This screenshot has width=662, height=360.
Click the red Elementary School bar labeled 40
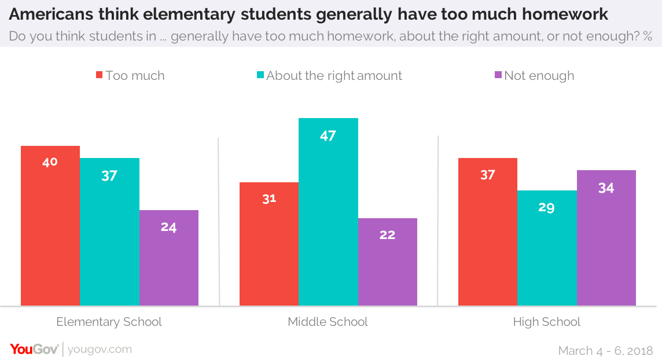tap(50, 226)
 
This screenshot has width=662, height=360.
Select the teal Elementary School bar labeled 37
tap(109, 232)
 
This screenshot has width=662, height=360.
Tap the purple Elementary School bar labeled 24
tap(169, 258)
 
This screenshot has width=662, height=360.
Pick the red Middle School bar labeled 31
tap(269, 244)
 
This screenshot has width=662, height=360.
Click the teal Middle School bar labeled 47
tap(328, 212)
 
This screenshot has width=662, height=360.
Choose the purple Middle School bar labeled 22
tap(388, 262)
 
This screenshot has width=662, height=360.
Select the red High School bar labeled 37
tap(488, 232)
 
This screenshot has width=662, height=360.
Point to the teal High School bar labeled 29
tap(547, 248)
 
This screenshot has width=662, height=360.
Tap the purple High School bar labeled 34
tap(606, 238)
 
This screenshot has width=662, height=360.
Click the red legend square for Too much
tap(100, 75)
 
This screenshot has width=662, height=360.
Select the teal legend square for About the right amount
tap(260, 75)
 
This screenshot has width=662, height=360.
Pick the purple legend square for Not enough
tap(498, 75)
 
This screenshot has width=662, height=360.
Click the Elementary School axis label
tap(109, 322)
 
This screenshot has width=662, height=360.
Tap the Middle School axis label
tap(328, 322)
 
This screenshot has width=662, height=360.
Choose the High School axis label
tap(547, 322)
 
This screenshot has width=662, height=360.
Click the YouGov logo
tap(34, 349)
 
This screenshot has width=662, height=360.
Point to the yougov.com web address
tap(100, 350)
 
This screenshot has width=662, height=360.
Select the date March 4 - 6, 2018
tap(606, 351)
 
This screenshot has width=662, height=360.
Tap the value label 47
tap(328, 136)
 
